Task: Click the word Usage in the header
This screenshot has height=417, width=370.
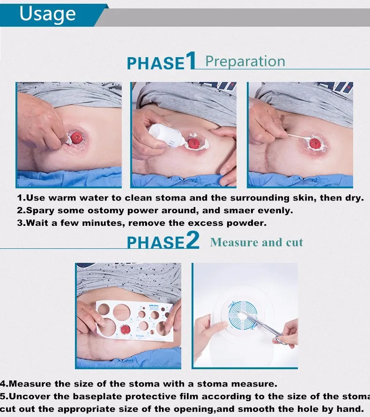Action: click(48, 14)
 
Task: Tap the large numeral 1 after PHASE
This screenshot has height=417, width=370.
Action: click(191, 60)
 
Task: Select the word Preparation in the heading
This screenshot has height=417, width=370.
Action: click(245, 61)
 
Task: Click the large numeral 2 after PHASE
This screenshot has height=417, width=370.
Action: click(192, 240)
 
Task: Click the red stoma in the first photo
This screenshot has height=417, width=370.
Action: click(77, 137)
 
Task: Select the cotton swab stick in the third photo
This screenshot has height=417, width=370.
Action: click(299, 136)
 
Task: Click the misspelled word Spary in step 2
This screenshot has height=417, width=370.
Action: click(40, 211)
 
